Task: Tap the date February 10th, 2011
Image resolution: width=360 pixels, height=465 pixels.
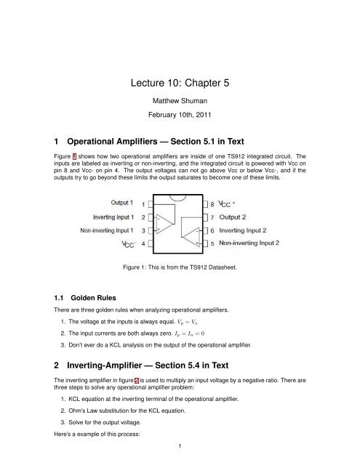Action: tap(179, 115)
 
